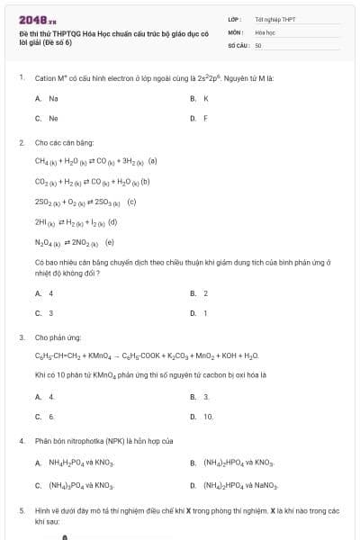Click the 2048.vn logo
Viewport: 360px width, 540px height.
(x=38, y=19)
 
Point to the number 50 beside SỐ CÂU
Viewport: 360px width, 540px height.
(x=258, y=44)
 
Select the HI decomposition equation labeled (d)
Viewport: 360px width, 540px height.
(x=76, y=221)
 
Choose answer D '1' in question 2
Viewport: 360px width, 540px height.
(x=205, y=313)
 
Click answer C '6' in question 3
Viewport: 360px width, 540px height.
(x=51, y=417)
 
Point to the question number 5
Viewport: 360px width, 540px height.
(x=21, y=510)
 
